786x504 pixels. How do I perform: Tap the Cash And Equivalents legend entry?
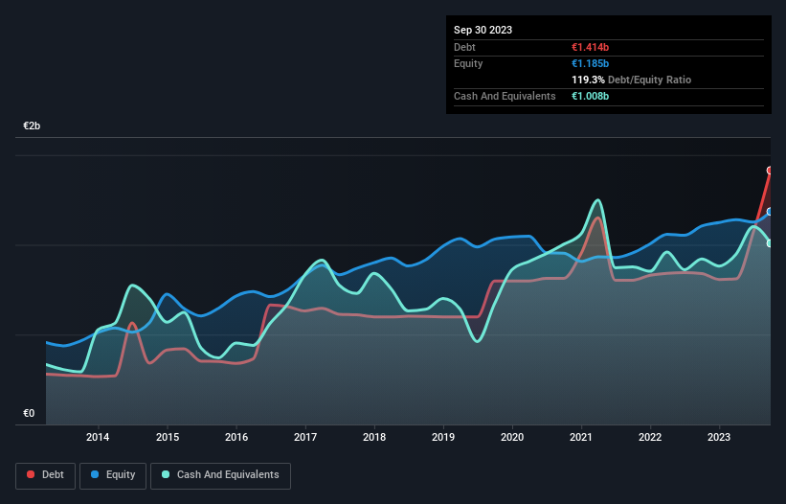(220, 474)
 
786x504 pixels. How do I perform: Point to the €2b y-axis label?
(32, 126)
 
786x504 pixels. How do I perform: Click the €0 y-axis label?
(28, 414)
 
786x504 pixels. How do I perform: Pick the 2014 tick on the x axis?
(98, 438)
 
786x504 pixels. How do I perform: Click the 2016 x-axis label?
(236, 438)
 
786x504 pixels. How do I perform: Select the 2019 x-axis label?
(443, 438)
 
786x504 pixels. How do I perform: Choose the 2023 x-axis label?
(719, 438)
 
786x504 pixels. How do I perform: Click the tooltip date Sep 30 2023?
(483, 30)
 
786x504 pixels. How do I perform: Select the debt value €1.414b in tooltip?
(590, 47)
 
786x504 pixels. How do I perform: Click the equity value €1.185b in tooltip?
(590, 63)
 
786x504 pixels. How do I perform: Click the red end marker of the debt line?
(770, 171)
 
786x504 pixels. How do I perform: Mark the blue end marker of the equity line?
(770, 212)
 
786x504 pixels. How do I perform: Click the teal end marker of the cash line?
(770, 243)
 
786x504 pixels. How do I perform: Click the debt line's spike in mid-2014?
(131, 323)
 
